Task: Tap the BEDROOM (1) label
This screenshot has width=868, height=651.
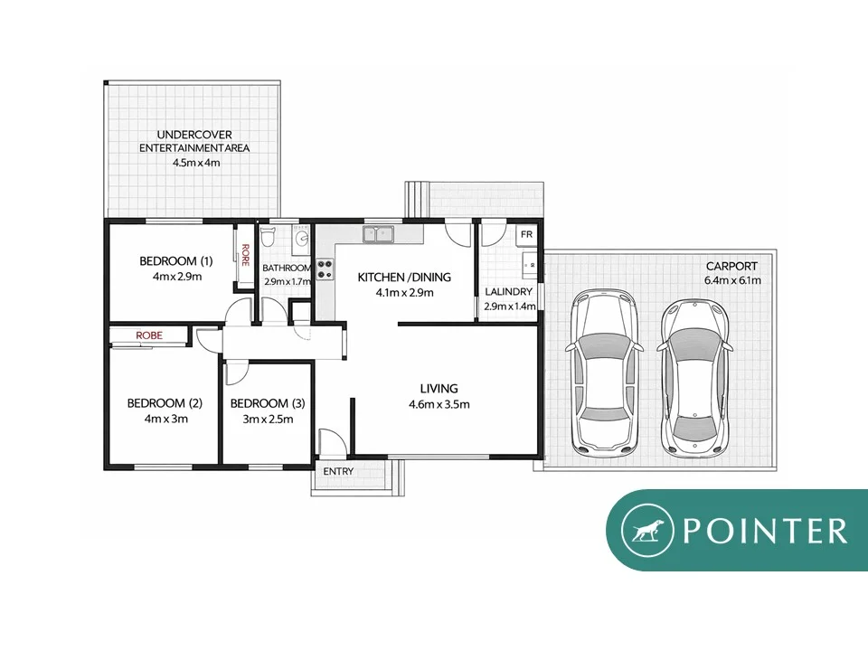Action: tap(169, 262)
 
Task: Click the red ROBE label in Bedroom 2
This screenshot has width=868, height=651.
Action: tap(149, 335)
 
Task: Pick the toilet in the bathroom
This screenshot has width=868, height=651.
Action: tap(267, 241)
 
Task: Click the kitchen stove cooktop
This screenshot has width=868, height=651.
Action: tap(325, 269)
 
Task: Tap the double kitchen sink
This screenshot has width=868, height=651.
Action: tap(379, 235)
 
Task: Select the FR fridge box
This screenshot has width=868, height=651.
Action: tap(527, 234)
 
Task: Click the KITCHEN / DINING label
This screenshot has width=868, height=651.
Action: tap(403, 278)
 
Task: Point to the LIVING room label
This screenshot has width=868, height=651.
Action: tap(439, 390)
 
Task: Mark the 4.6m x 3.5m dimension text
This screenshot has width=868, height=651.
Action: tap(439, 404)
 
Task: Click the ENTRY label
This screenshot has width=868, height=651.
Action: tap(338, 472)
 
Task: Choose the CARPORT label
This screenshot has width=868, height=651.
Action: tap(732, 267)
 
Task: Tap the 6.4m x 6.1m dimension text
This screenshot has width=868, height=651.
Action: tap(732, 280)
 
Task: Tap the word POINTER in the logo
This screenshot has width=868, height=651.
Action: tap(765, 531)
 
